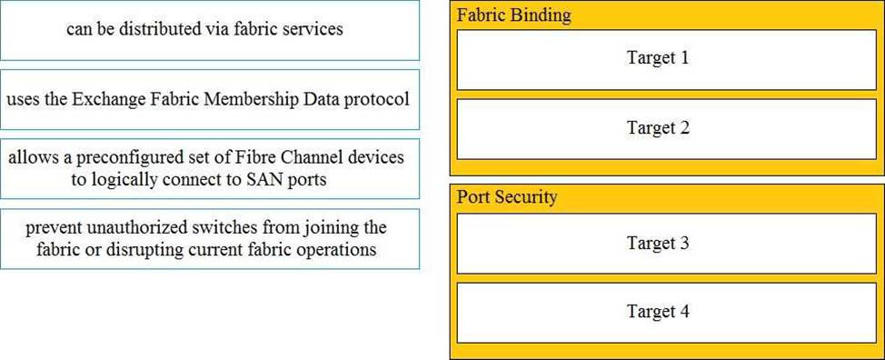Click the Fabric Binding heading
(x=513, y=15)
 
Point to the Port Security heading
(x=507, y=197)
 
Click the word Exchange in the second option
(x=117, y=99)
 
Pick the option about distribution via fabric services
(x=209, y=30)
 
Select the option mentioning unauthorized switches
(x=209, y=239)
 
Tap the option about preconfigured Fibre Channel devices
(x=209, y=169)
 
